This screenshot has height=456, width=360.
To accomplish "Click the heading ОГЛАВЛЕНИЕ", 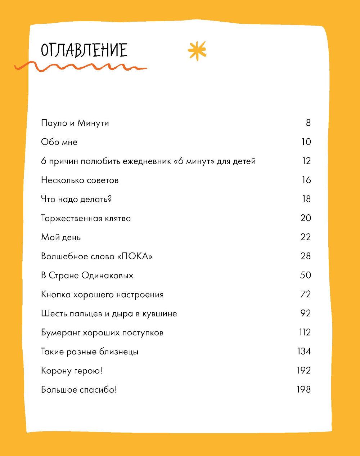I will coord(84,50).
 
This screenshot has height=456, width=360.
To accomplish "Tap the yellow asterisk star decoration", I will coord(197,50).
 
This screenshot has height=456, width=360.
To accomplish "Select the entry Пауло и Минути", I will coord(75,123).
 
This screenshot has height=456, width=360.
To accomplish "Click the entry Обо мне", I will coord(59,142).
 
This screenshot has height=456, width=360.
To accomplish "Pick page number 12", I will coord(306,161).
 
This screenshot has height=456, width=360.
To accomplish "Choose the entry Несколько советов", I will coord(80,180).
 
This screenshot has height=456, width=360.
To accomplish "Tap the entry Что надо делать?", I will coord(76,199).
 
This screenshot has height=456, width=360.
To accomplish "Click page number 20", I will coord(305,218).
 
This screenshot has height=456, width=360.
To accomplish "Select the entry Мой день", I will coord(61,237).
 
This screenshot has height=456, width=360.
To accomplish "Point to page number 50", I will coord(305,275).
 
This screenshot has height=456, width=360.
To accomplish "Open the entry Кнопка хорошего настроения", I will coord(102,295).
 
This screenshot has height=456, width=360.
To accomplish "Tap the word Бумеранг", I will coord(60,333).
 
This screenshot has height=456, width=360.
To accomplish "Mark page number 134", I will coord(304,352).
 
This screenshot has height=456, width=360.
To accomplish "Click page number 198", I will coord(303,390).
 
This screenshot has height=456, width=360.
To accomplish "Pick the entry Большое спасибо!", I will coord(79,390).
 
